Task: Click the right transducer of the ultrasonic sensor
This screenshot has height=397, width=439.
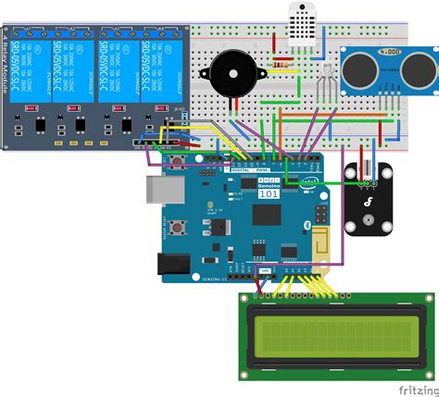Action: tap(411, 67)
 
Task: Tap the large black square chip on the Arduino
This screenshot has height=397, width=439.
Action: tap(267, 216)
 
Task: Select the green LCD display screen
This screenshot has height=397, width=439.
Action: tap(335, 330)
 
